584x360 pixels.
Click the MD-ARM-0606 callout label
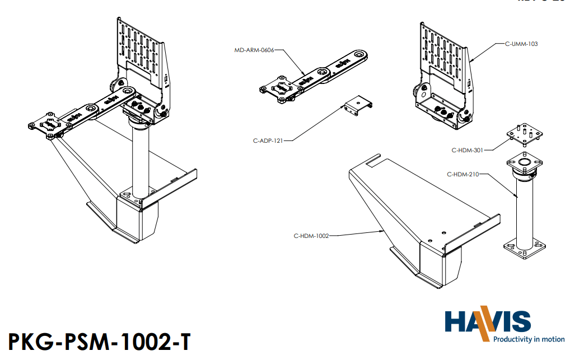tap(255, 50)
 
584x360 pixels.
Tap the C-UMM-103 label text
tap(521, 44)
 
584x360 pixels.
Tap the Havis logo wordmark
tap(488, 322)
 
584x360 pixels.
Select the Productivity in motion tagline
tap(529, 339)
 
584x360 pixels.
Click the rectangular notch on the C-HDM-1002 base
tap(373, 163)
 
